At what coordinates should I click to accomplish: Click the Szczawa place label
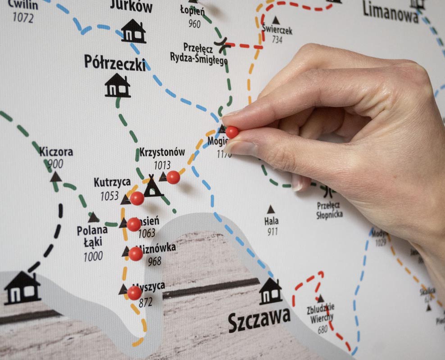(x=259, y=320)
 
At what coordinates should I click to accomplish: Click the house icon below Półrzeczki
(x=118, y=85)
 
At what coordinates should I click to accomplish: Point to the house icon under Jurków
(x=133, y=31)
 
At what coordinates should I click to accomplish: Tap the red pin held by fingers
(x=232, y=132)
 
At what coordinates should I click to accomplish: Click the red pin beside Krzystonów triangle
(x=173, y=177)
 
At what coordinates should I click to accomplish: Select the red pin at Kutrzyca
(x=137, y=198)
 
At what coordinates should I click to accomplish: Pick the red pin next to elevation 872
(x=134, y=293)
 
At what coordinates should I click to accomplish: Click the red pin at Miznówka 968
(x=136, y=254)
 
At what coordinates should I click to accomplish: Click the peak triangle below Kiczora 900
(x=56, y=177)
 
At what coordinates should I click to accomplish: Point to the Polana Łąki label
(x=92, y=236)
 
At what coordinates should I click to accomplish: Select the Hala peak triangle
(x=271, y=209)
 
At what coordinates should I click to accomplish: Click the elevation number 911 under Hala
(x=272, y=232)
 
